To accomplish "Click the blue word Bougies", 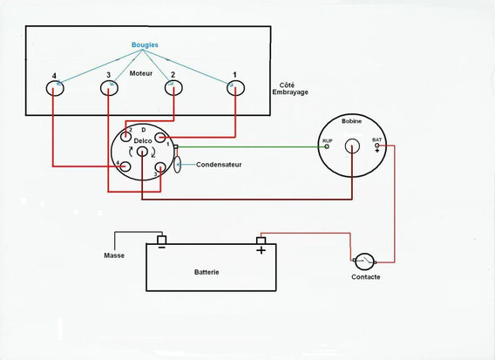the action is click(145, 44).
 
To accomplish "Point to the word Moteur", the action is click(141, 73).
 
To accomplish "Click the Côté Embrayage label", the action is click(290, 89).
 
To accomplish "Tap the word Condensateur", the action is click(219, 165).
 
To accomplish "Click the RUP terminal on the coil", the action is click(327, 146).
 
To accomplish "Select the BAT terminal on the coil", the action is click(377, 146).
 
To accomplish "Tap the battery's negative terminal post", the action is click(161, 240).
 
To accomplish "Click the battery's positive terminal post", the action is click(261, 241).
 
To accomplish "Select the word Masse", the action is click(114, 255).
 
